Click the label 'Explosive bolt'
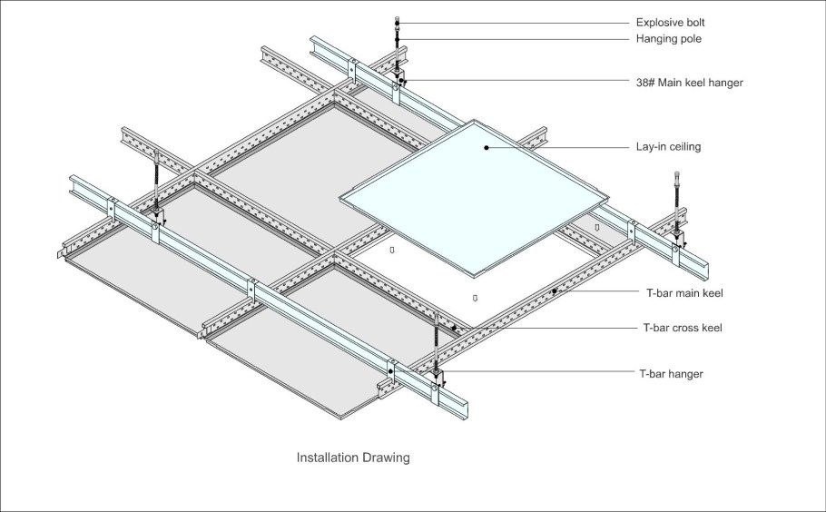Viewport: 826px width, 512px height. tap(670, 23)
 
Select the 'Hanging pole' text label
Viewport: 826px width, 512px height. tap(668, 39)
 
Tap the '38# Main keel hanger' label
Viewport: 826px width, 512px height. tap(690, 83)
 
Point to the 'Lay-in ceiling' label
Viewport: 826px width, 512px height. tap(668, 146)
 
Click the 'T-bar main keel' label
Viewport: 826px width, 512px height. tap(684, 293)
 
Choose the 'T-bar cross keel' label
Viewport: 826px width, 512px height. tap(683, 328)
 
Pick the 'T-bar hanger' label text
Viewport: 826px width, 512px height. tap(671, 374)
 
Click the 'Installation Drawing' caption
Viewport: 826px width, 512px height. tap(353, 458)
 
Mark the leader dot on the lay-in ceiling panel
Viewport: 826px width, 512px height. tap(487, 147)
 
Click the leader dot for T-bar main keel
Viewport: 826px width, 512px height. tap(555, 291)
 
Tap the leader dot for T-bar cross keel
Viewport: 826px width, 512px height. tap(454, 328)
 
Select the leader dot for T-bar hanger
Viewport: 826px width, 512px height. tap(390, 371)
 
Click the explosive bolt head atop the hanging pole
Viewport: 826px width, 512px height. tap(397, 21)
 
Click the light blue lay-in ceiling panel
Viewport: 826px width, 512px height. tap(474, 199)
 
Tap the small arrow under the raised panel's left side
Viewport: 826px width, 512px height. tap(391, 251)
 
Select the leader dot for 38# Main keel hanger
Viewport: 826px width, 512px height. tap(401, 81)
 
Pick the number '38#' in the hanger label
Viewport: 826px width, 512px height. tap(645, 83)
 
